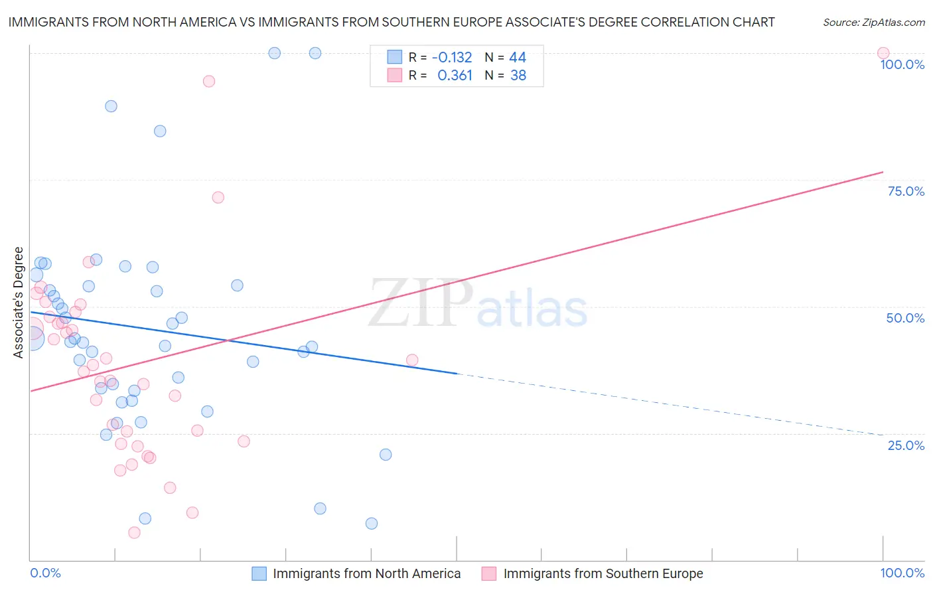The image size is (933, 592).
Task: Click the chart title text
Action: (x=392, y=22)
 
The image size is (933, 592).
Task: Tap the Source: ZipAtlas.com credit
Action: (x=873, y=22)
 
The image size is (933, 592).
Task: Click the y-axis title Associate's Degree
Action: (x=19, y=302)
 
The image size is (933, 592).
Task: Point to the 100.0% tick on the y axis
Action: (x=902, y=64)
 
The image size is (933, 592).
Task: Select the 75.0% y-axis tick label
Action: (x=906, y=191)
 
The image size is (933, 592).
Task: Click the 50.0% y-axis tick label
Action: (x=905, y=318)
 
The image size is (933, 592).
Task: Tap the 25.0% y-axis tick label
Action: (x=906, y=445)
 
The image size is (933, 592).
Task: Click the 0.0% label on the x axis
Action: (x=45, y=573)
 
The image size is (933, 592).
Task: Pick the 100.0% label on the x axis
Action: (x=902, y=573)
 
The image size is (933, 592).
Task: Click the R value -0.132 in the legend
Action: (x=452, y=58)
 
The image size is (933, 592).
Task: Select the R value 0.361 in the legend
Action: (x=455, y=76)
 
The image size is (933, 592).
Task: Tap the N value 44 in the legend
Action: (x=518, y=58)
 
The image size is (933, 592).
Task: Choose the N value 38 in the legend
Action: (x=518, y=76)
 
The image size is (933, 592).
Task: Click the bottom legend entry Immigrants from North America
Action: (x=366, y=573)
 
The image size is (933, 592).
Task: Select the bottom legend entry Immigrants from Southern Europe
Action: (x=603, y=573)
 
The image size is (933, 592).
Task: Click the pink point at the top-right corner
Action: (x=883, y=53)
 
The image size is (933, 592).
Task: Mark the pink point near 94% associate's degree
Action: (x=209, y=81)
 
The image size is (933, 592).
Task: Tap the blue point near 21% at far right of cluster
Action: (x=386, y=455)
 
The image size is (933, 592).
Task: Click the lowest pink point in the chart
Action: (x=134, y=532)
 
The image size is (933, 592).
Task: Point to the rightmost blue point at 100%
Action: (x=315, y=53)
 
